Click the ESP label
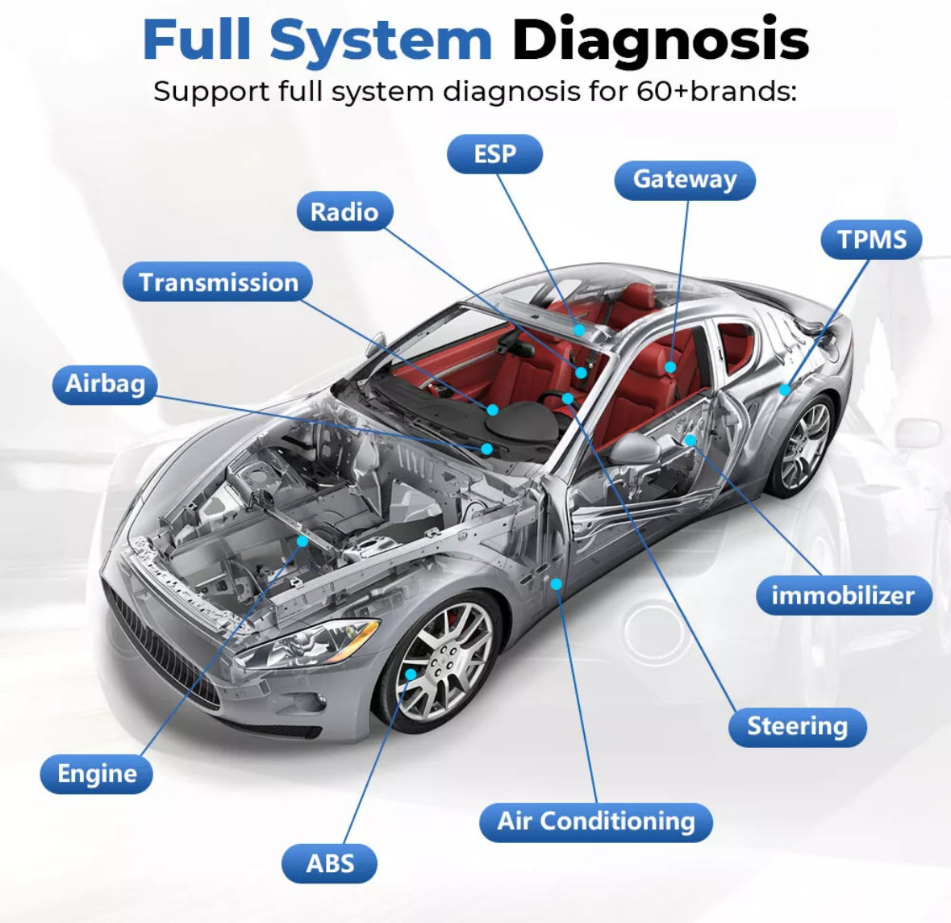(x=494, y=154)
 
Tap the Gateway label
(x=684, y=180)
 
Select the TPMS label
(x=871, y=240)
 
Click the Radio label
(x=344, y=212)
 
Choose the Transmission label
(x=218, y=282)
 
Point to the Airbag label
(x=105, y=383)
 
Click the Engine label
(x=97, y=774)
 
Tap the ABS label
(x=330, y=864)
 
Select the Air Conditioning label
(x=596, y=821)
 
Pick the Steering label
(x=797, y=726)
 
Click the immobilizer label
(x=843, y=595)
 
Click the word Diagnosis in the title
(x=660, y=40)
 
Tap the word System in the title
(x=380, y=40)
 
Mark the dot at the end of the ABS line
(x=411, y=674)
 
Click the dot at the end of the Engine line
(x=302, y=541)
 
